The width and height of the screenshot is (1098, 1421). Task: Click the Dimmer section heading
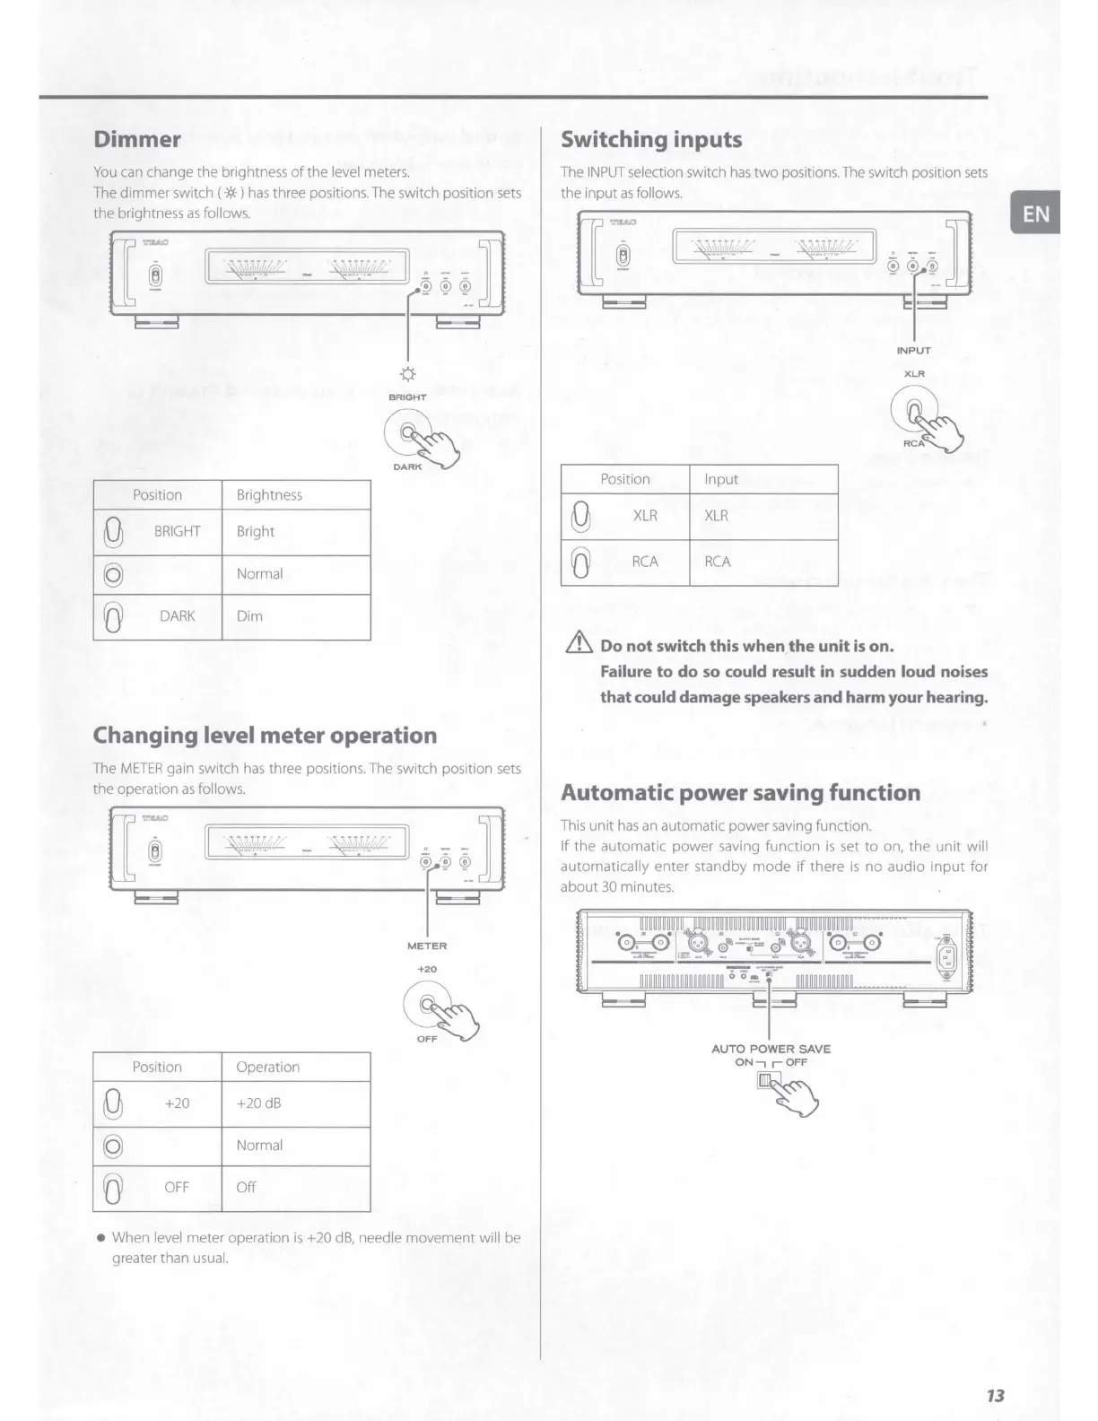tap(137, 139)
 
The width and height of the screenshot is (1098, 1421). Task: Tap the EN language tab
tap(1035, 214)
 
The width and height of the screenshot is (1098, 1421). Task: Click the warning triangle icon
tap(577, 644)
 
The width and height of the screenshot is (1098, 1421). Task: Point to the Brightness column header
tap(269, 495)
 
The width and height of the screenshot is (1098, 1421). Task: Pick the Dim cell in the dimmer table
tap(249, 616)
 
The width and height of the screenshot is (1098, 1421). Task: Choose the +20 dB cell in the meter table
tap(258, 1103)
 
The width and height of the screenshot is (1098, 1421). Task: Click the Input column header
tap(721, 479)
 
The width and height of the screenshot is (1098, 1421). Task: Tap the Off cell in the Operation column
tap(246, 1187)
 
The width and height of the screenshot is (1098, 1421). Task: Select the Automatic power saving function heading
tap(740, 793)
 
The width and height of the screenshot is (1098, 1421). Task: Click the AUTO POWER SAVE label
tap(771, 1049)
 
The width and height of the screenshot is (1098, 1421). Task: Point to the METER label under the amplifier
tap(427, 946)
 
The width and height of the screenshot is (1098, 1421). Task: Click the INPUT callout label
tap(913, 351)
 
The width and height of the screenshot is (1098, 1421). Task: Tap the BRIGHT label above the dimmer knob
tap(408, 397)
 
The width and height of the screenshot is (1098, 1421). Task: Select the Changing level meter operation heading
tap(265, 736)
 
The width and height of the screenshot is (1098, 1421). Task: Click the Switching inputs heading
tap(651, 140)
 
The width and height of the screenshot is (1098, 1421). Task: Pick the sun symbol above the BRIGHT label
tap(408, 374)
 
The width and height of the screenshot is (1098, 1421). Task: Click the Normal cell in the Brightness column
tap(259, 574)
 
